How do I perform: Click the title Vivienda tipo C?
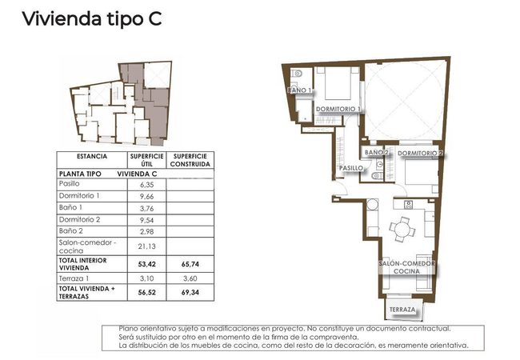92,18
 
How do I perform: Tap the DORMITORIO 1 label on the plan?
338,109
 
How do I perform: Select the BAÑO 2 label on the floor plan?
377,152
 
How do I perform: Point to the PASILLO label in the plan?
351,168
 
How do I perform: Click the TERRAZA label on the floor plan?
402,310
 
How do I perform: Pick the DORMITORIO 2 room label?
420,153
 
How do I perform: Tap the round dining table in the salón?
402,229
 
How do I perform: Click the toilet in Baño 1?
297,74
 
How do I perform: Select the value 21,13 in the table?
147,246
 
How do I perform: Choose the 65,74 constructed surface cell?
190,264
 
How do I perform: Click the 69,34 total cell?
190,292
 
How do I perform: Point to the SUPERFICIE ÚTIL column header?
147,160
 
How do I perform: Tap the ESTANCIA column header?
92,156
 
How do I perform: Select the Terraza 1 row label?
74,278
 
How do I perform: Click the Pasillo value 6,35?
147,185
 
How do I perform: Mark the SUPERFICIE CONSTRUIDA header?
190,160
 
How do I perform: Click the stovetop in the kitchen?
408,205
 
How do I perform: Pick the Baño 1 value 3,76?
147,208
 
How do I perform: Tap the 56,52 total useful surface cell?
147,292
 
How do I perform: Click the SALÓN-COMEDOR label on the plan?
406,263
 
